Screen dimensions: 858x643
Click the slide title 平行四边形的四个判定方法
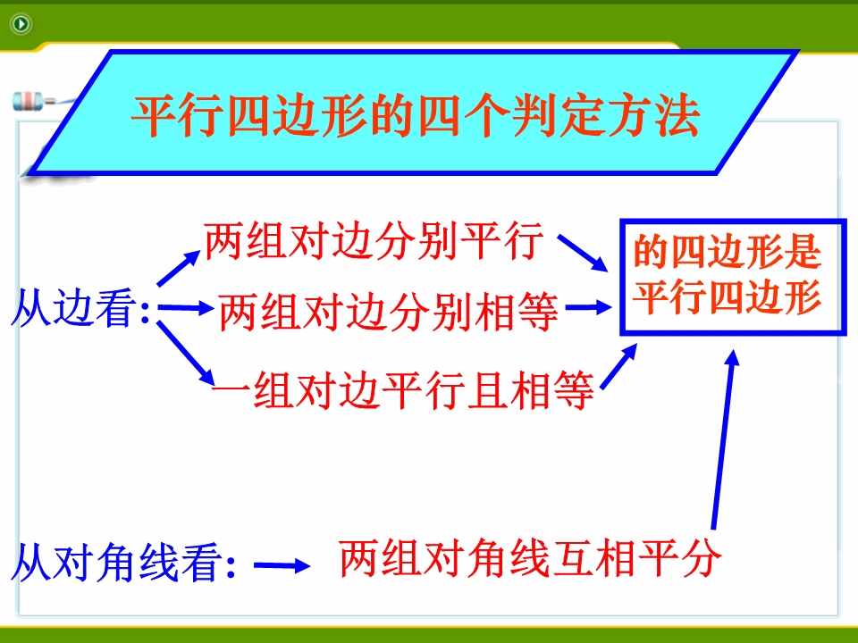pos(416,116)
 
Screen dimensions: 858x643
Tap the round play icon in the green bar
pos(21,23)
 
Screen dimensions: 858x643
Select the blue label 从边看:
pos(80,308)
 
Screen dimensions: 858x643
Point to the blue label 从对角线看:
pos(123,562)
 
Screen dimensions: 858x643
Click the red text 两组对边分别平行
pos(374,240)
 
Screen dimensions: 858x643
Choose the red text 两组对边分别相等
pos(389,312)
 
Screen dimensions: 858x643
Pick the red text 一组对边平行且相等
pos(403,390)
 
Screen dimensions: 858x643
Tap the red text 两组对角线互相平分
pos(530,558)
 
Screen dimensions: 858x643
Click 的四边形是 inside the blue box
pos(728,252)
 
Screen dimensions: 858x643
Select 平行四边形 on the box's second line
pos(728,296)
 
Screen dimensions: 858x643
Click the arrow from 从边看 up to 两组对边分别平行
pos(179,268)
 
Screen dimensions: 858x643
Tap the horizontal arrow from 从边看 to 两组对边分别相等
pos(186,308)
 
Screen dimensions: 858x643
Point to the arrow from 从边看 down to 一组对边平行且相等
pos(186,354)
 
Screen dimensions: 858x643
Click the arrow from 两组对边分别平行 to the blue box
pos(583,253)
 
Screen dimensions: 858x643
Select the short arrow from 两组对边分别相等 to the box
pos(589,307)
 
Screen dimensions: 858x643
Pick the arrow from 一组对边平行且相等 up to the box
pos(618,366)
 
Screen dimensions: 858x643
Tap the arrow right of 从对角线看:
pos(282,565)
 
